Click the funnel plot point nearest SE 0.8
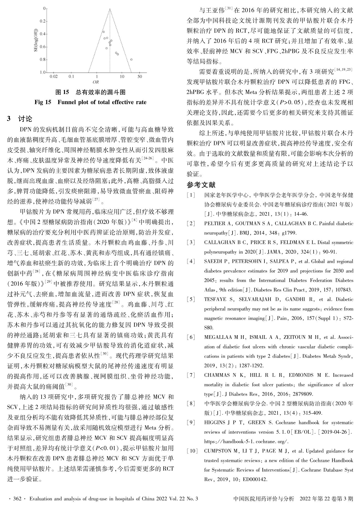click(x=131, y=59)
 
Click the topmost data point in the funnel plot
click(x=103, y=32)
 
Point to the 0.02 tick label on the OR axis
click(x=53, y=77)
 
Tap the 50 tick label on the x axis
click(x=140, y=77)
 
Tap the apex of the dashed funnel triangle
click(x=110, y=9)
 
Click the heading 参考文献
click(x=201, y=185)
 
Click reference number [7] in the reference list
click(x=191, y=375)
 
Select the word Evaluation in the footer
click(x=40, y=499)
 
